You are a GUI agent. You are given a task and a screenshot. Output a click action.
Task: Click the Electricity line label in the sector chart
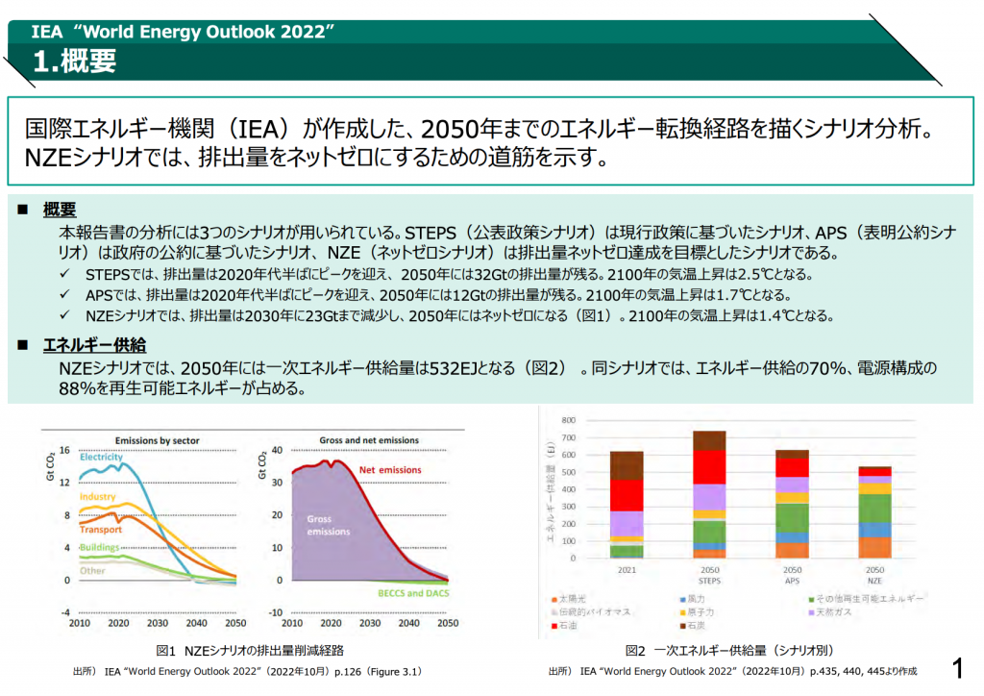tap(101, 457)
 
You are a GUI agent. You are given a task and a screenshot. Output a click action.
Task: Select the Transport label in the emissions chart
tap(100, 530)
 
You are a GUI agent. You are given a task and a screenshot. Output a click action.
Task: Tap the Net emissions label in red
tap(390, 470)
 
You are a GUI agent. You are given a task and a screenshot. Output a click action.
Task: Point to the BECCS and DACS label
tap(407, 593)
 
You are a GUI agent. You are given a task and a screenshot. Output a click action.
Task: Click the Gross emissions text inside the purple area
tap(328, 525)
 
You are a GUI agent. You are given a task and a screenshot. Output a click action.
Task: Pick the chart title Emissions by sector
tap(158, 440)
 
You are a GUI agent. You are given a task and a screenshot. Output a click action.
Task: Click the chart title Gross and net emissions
tap(369, 440)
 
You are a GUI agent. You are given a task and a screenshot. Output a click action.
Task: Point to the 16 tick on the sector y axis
tap(64, 450)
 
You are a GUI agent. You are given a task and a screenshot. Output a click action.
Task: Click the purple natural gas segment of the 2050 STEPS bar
tap(709, 496)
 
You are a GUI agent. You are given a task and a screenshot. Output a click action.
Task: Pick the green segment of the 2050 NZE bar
tap(874, 508)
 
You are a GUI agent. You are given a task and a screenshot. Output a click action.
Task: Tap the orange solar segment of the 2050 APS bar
tap(792, 550)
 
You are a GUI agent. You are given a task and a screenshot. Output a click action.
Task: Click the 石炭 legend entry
tap(705, 626)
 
